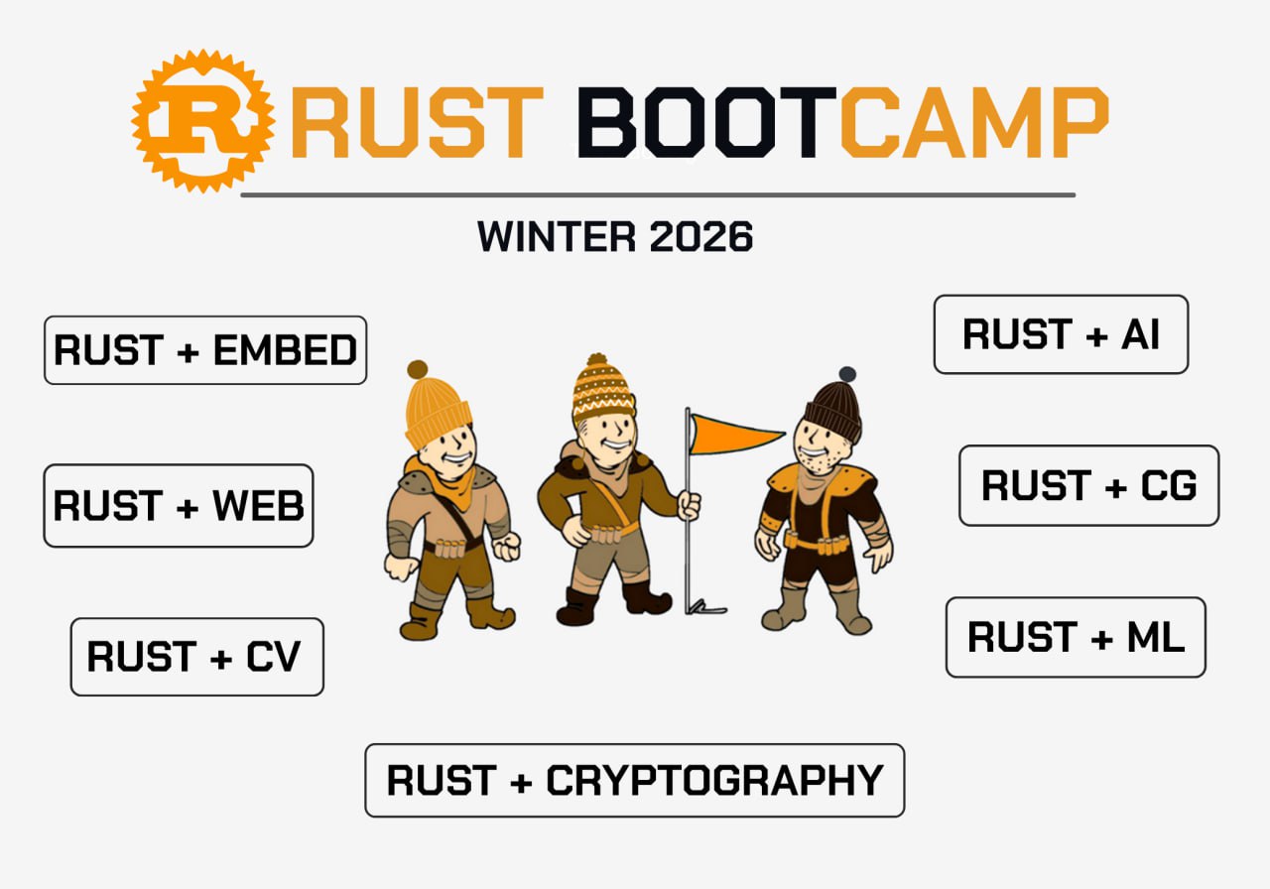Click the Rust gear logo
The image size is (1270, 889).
[203, 121]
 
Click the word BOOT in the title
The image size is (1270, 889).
[706, 122]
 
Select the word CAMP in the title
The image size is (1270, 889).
[973, 122]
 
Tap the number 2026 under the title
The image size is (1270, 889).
[700, 236]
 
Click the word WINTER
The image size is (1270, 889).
[557, 236]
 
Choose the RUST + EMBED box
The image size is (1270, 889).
[205, 350]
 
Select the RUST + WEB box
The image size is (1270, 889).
[178, 506]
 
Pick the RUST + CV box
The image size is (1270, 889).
[196, 657]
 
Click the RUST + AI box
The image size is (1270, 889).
[1061, 334]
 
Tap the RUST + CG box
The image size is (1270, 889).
[1088, 485]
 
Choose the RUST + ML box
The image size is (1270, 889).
[1076, 637]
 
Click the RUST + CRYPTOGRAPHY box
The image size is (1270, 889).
[634, 780]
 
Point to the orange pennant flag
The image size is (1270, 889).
[734, 435]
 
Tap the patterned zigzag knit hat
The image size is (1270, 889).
[602, 390]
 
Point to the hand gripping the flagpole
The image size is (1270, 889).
[689, 505]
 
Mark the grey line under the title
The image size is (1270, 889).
[658, 195]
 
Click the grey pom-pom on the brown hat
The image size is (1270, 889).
[847, 374]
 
